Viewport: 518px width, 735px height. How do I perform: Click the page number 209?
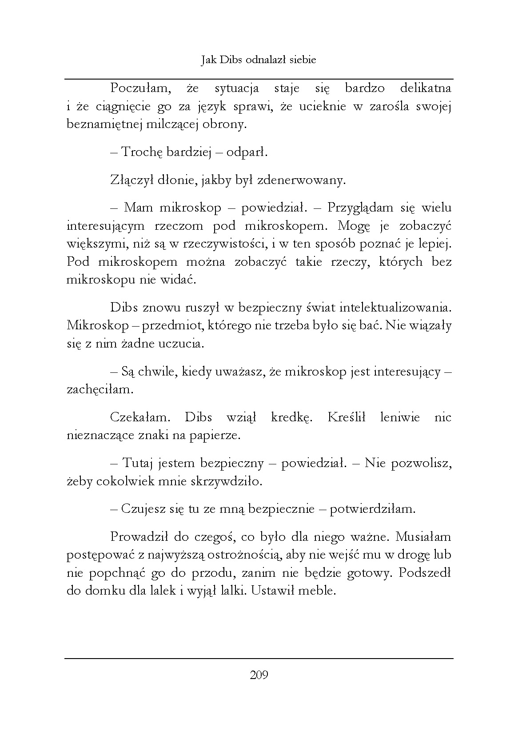pos(259,676)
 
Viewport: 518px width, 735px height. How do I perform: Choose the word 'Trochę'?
pos(142,152)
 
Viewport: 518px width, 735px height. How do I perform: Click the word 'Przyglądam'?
pos(361,208)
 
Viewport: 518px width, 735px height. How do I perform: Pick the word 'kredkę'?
pos(291,418)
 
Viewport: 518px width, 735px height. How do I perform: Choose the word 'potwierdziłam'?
pos(372,509)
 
